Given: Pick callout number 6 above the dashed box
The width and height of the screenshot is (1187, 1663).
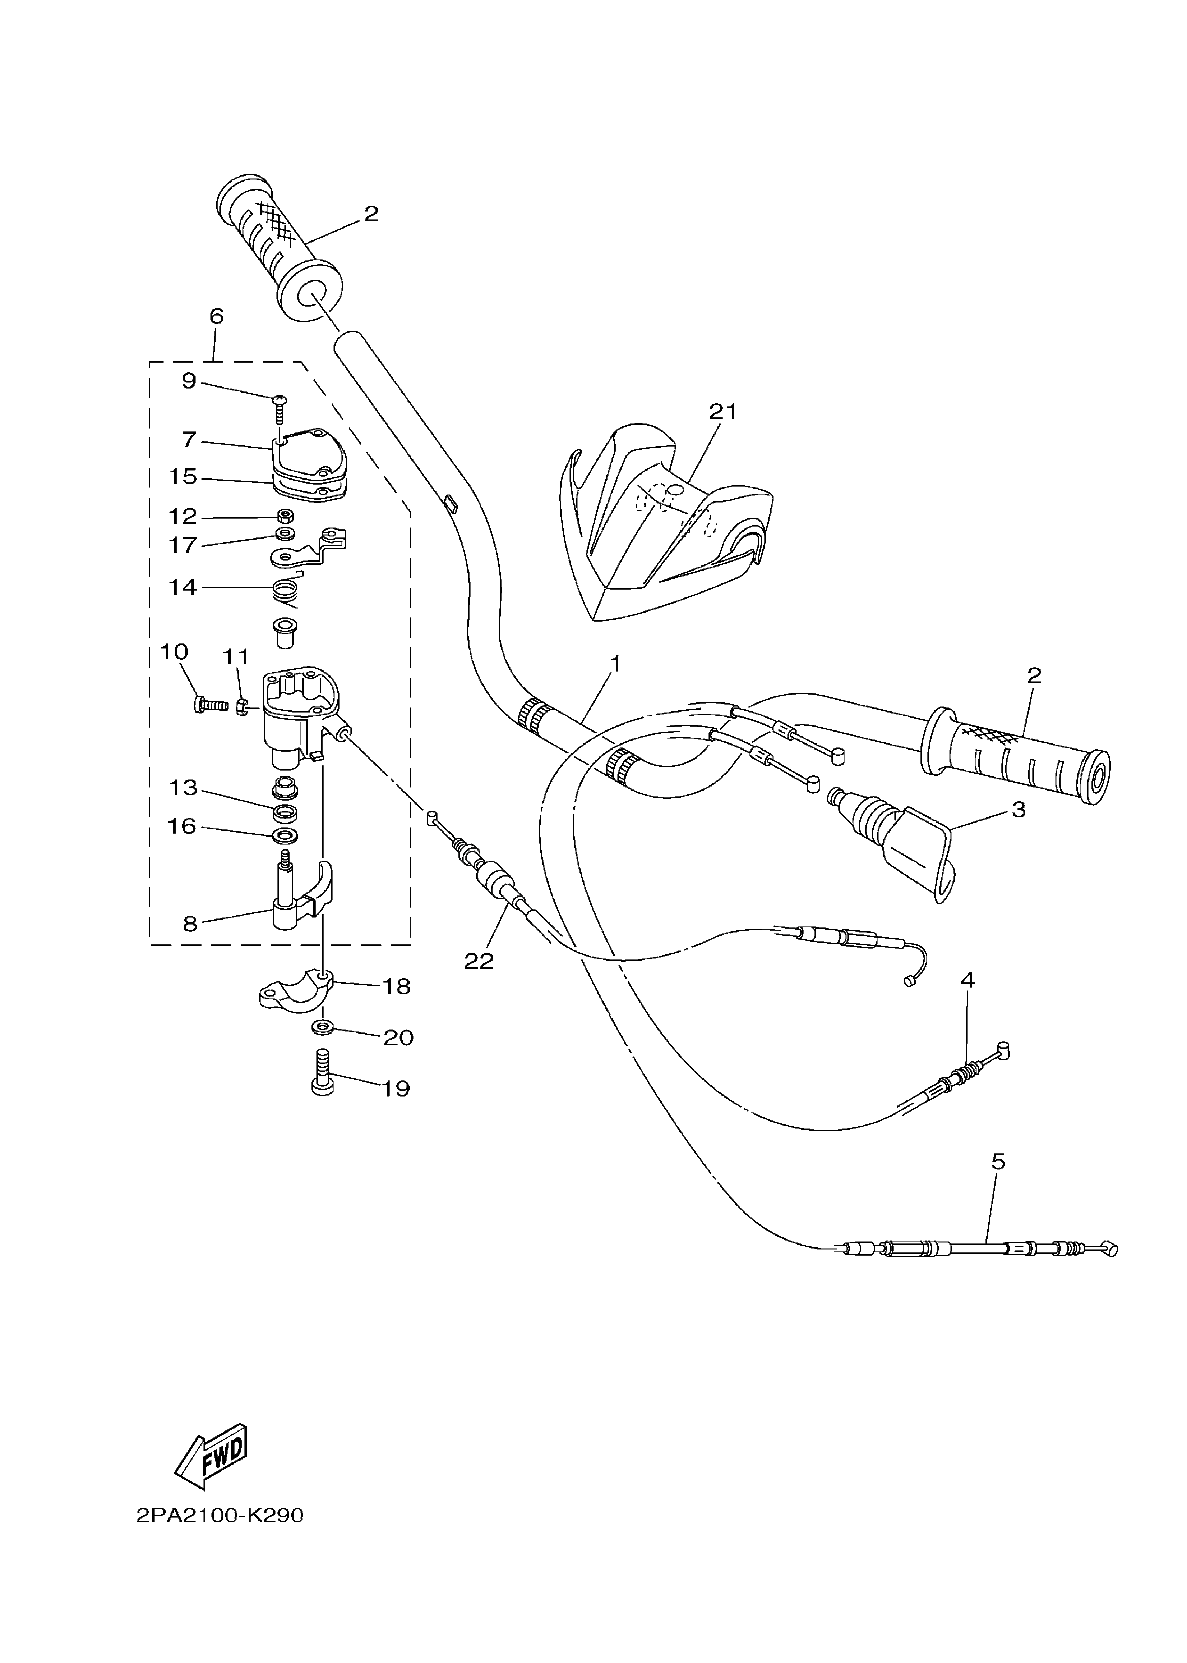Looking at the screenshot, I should pyautogui.click(x=216, y=317).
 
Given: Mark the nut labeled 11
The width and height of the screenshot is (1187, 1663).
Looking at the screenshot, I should pyautogui.click(x=243, y=707).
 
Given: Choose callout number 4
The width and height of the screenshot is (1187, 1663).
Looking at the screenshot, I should pyautogui.click(x=967, y=979).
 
